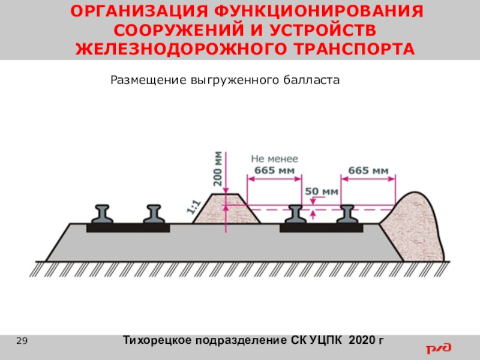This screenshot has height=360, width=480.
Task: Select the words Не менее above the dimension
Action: [274, 159]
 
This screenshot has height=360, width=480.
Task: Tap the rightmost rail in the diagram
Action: [349, 214]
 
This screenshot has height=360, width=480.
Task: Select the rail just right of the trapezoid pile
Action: [295, 214]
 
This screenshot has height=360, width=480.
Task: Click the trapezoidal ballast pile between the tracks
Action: [226, 210]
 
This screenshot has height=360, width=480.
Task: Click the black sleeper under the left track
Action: [128, 228]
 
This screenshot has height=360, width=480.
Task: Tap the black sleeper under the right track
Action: [322, 228]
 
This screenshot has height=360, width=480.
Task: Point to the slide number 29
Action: [22, 341]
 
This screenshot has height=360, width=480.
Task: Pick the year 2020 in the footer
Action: [361, 341]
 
